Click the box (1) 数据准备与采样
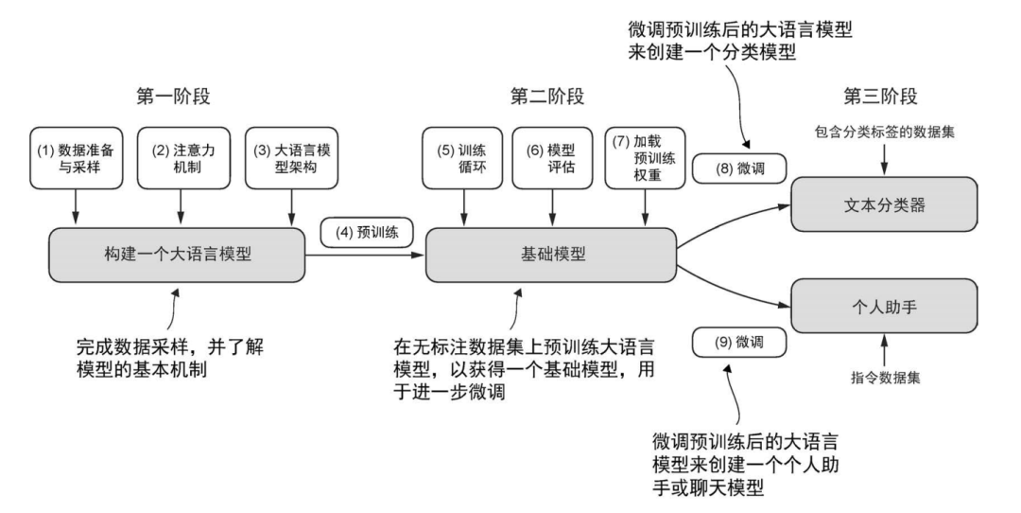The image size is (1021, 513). tap(72, 154)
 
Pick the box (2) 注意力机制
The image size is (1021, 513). tap(177, 154)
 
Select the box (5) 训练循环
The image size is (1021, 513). tap(463, 154)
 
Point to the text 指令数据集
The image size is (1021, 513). tap(885, 378)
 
